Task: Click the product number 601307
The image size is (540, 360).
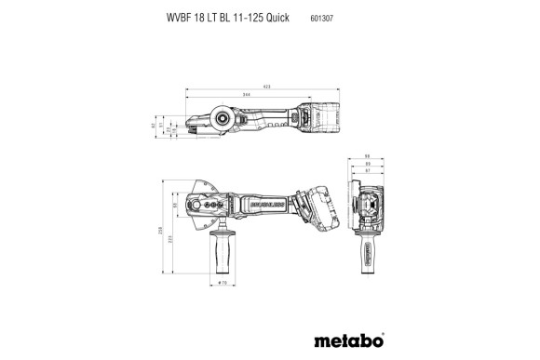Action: (322, 17)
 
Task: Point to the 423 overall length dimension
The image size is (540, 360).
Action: (267, 87)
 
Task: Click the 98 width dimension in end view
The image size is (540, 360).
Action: (368, 155)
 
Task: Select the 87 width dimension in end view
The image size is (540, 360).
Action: (368, 171)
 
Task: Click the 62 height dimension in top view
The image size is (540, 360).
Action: (154, 123)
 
